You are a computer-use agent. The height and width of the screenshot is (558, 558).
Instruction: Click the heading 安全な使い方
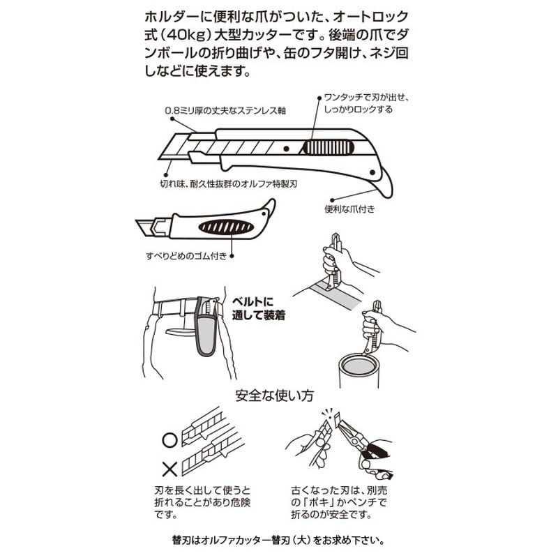[274, 395]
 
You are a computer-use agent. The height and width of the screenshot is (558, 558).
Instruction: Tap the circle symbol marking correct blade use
[169, 440]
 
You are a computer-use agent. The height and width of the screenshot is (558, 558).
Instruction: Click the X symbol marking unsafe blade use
[169, 469]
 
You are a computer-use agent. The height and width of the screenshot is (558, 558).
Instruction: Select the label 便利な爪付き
[349, 209]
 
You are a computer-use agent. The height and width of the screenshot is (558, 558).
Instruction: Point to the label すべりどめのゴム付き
[186, 256]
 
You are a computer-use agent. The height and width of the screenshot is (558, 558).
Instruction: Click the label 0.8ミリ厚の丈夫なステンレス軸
[225, 111]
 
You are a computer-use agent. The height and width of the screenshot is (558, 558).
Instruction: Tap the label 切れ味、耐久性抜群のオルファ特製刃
[229, 184]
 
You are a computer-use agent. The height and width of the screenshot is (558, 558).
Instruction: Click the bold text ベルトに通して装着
[258, 308]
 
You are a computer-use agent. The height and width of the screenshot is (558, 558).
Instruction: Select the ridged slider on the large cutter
[329, 147]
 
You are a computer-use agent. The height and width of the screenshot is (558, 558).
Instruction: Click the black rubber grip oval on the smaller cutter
[226, 227]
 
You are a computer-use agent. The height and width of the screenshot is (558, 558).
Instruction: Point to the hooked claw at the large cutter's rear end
[384, 183]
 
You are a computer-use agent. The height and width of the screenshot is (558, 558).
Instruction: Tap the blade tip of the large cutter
[159, 158]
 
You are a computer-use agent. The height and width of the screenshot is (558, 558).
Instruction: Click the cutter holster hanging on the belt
[206, 326]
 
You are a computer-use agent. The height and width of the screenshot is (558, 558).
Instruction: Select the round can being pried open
[359, 370]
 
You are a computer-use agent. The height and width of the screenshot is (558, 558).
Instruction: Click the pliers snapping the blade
[363, 445]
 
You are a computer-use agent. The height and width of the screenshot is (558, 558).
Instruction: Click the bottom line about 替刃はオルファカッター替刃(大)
[278, 541]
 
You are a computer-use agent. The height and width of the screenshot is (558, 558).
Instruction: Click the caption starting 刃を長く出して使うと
[202, 502]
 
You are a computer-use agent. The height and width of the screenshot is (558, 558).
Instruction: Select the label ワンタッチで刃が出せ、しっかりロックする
[365, 103]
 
